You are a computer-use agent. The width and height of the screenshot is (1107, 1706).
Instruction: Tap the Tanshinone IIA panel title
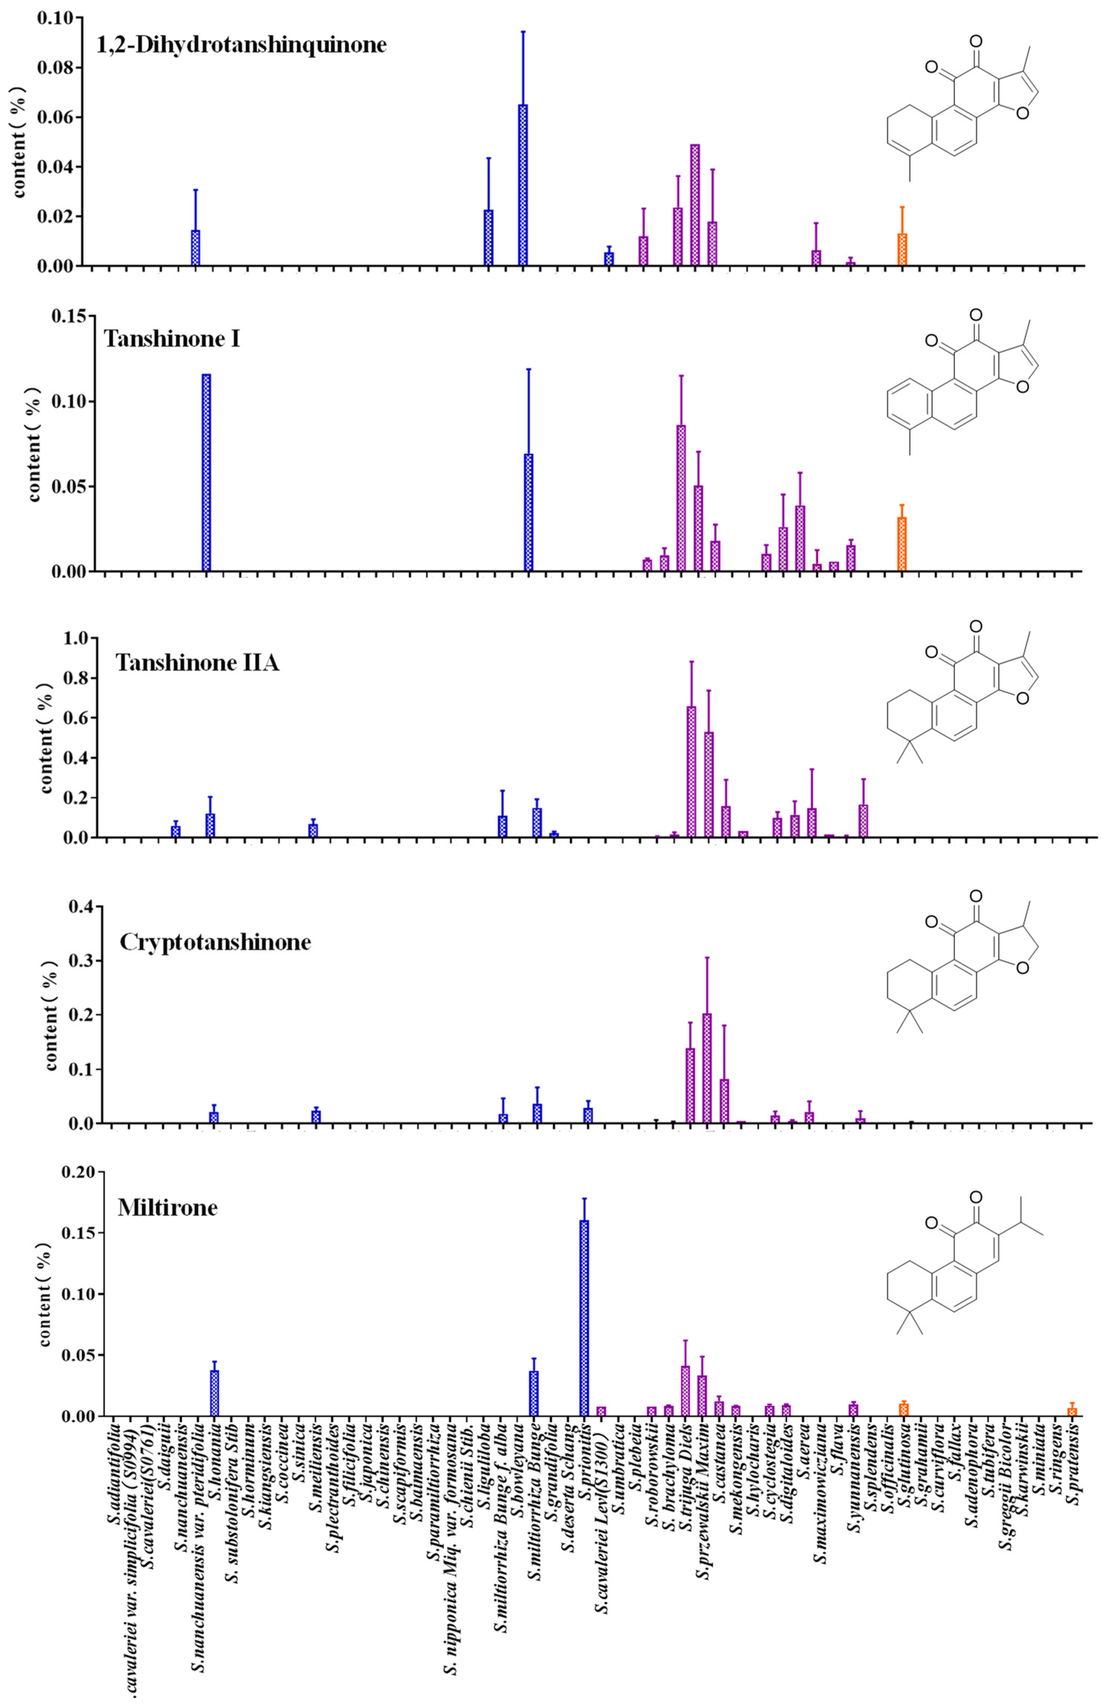coord(197,663)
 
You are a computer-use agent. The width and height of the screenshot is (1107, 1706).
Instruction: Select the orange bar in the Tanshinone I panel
coord(902,544)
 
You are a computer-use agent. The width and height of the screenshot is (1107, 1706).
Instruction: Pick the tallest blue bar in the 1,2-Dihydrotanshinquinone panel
coord(523,185)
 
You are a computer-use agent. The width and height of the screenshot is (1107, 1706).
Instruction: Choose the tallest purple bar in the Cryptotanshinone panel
coord(707,1068)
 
